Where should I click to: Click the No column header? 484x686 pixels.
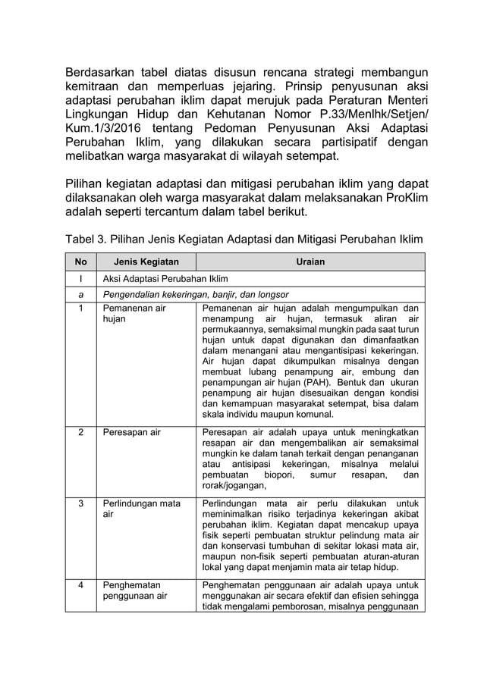(x=80, y=262)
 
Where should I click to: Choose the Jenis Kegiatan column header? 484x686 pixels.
(x=141, y=262)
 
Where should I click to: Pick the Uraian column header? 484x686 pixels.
(x=310, y=262)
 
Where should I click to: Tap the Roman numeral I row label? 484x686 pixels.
(x=80, y=278)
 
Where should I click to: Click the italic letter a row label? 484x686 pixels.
(x=80, y=294)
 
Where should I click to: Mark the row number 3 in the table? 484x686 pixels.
(x=80, y=503)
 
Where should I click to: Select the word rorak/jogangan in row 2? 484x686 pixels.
(x=234, y=486)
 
